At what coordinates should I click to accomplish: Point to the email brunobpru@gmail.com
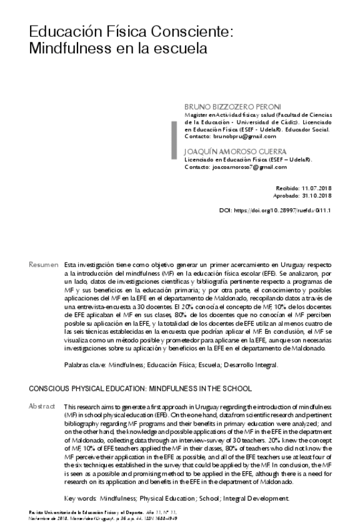click(244, 136)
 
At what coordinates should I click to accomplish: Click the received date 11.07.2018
click(316, 187)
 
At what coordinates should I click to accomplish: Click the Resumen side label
click(43, 266)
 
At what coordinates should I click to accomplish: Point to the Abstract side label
click(42, 406)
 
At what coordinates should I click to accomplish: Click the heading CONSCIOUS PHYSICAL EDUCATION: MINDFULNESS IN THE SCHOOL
click(140, 389)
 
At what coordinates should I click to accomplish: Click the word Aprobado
click(287, 196)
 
